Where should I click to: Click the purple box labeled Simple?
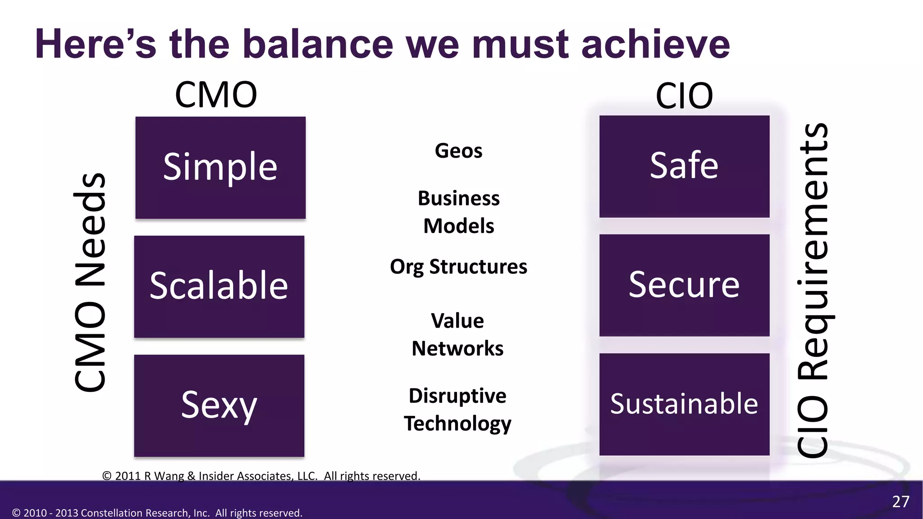coord(220,168)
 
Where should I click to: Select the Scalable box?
coord(219,287)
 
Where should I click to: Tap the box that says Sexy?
coord(219,405)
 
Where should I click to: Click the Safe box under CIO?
coord(684,166)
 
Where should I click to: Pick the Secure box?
coord(684,285)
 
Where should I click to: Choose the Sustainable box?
coord(684,404)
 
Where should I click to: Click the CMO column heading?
coord(216,95)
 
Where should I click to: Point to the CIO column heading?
coord(684,96)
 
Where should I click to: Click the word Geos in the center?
coord(458,151)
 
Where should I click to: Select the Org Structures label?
coord(458,267)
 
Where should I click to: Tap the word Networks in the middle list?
coord(457,349)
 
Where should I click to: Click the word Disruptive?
coord(457,396)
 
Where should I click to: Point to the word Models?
coord(458,226)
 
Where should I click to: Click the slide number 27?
coord(900,502)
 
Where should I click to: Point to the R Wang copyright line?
coord(261,476)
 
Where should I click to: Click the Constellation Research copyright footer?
coord(157,513)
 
